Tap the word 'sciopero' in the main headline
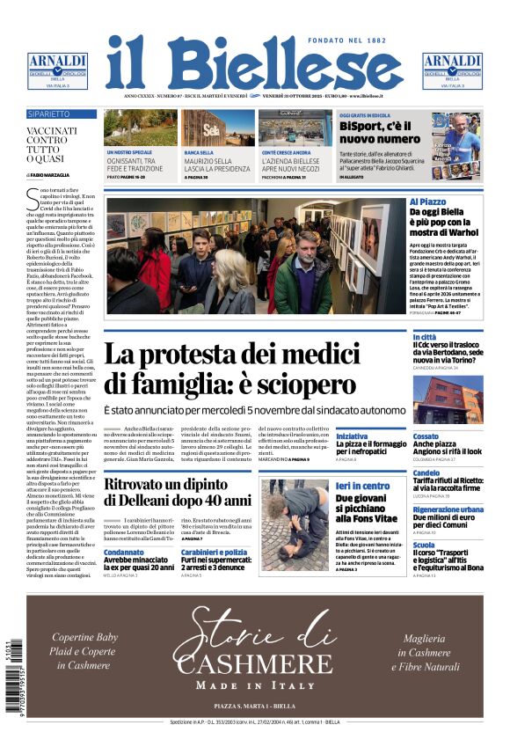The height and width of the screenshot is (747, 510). [x=292, y=384]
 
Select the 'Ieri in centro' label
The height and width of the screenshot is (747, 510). [x=362, y=486]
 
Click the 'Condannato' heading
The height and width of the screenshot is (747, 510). [x=125, y=553]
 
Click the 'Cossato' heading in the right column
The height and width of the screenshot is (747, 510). [x=450, y=436]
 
